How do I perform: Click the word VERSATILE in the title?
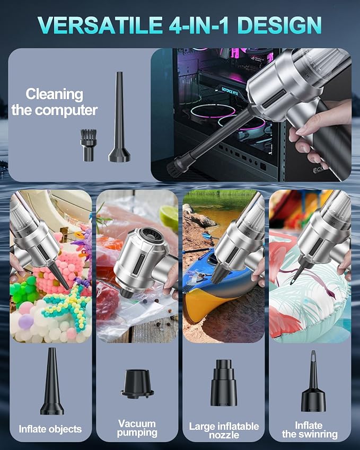(100, 25)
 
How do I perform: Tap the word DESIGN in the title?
(279, 25)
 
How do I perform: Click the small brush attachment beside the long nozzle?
(88, 145)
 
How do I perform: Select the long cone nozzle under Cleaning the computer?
(119, 117)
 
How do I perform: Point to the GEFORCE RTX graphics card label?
(230, 91)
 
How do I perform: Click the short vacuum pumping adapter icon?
(137, 383)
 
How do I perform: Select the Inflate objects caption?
(50, 429)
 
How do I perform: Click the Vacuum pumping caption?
(137, 428)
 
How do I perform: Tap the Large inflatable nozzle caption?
(224, 430)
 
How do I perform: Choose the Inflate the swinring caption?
(310, 430)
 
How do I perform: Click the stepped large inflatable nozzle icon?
(224, 383)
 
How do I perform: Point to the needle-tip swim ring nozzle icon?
(313, 381)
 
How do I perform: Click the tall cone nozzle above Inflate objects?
(51, 381)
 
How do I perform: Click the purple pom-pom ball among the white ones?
(26, 321)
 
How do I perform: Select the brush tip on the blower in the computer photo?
(174, 167)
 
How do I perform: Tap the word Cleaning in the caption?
(55, 95)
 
